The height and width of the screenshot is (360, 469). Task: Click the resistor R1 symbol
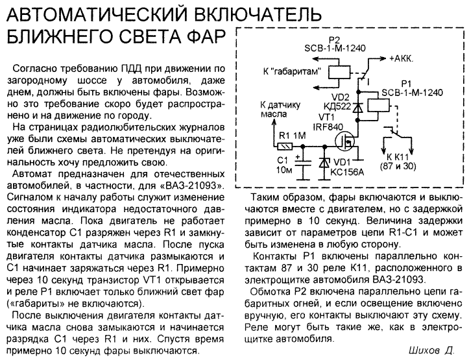285,147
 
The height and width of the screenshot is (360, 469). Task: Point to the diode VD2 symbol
357,107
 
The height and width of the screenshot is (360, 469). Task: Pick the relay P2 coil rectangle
339,73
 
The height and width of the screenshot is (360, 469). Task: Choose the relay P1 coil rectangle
378,105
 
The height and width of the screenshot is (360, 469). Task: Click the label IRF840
328,126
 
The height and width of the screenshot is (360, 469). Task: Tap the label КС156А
347,173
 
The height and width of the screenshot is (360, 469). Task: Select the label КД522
337,106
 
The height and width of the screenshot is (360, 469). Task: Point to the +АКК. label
401,58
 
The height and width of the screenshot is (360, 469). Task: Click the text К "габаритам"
292,72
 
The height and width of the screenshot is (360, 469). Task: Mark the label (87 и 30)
398,166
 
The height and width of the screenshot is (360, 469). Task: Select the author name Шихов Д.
431,350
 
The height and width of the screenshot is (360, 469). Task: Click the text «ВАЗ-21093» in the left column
193,186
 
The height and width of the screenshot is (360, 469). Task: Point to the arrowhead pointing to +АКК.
383,58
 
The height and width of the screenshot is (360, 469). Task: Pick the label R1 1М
292,136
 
